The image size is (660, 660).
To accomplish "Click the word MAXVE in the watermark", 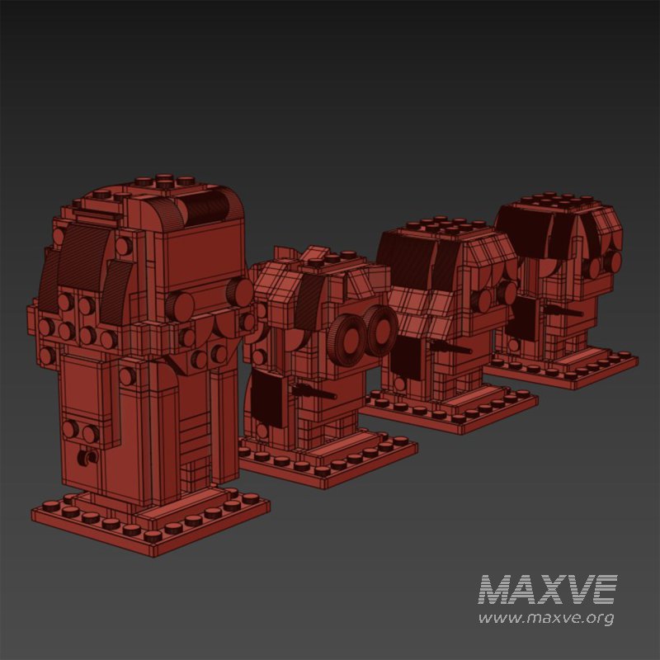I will [x=547, y=590].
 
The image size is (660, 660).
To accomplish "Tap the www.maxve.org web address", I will [x=546, y=617].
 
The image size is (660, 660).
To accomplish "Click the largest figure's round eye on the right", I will [x=240, y=290].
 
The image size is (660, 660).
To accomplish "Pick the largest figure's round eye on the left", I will [x=180, y=305].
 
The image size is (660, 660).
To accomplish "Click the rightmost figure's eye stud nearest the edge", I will [x=613, y=262].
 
